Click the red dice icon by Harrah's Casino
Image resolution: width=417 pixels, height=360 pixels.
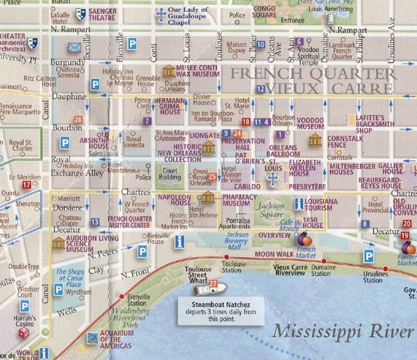(23, 334)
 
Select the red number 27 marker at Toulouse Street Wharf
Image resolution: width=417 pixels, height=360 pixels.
(213, 284)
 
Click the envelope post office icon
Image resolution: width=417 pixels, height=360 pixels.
(74, 48)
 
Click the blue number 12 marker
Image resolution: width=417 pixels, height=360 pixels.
(260, 89)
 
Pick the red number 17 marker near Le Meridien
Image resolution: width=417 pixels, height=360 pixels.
(26, 185)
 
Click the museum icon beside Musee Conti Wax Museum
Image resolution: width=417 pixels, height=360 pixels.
(168, 71)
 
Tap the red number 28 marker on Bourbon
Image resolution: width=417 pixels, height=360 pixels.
(78, 120)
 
